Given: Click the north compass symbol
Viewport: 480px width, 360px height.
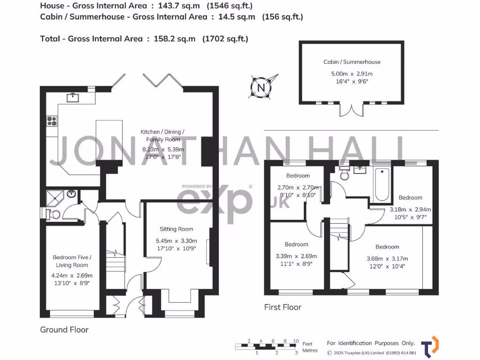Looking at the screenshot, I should [262, 87].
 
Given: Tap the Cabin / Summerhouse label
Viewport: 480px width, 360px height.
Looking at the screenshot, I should [352, 62].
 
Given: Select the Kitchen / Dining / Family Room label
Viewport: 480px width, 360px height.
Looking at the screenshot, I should [163, 135].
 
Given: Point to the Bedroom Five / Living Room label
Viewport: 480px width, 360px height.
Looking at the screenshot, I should [72, 261].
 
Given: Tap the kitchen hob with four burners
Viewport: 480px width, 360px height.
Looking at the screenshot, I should [52, 121].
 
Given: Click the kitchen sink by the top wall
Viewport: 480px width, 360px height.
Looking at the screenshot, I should [72, 97].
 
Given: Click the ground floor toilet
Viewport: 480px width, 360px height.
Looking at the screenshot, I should [53, 215].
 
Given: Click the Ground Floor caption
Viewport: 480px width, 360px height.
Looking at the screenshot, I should [64, 330].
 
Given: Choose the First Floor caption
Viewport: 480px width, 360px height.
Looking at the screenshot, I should [282, 307].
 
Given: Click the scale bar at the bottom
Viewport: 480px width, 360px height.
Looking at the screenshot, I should [267, 346].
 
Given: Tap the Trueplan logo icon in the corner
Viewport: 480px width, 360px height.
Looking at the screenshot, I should [430, 345].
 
